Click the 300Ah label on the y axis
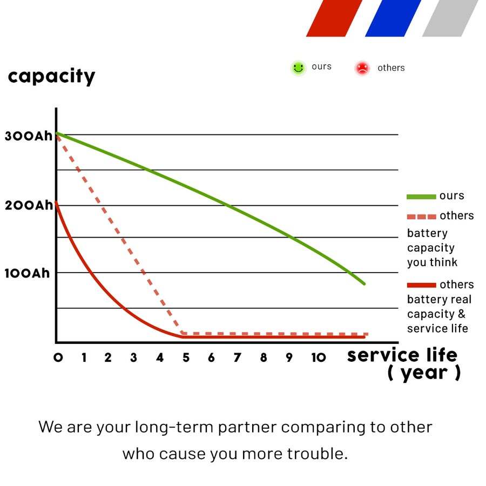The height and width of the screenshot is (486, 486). click(x=29, y=136)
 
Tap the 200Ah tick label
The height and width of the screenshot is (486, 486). click(x=29, y=205)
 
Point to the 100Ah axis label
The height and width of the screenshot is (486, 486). click(x=27, y=273)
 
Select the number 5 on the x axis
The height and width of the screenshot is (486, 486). click(x=186, y=357)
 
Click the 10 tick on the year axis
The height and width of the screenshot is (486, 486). click(x=319, y=357)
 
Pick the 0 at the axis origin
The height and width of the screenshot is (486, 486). click(x=58, y=357)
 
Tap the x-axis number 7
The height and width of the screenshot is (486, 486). click(x=238, y=357)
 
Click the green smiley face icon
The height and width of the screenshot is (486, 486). click(x=298, y=68)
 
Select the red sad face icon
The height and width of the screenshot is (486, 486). click(x=362, y=68)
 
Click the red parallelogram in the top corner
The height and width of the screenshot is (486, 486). click(x=334, y=18)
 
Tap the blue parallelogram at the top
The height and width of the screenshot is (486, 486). click(x=393, y=18)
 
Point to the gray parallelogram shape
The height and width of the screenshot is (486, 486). click(x=450, y=18)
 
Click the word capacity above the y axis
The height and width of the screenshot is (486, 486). click(x=51, y=77)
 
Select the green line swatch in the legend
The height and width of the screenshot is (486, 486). click(x=421, y=197)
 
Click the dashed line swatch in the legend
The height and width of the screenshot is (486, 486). click(x=421, y=217)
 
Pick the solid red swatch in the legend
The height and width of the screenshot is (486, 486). click(x=421, y=285)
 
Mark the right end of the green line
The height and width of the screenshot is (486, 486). click(x=364, y=283)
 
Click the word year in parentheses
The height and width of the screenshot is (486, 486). click(x=424, y=373)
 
